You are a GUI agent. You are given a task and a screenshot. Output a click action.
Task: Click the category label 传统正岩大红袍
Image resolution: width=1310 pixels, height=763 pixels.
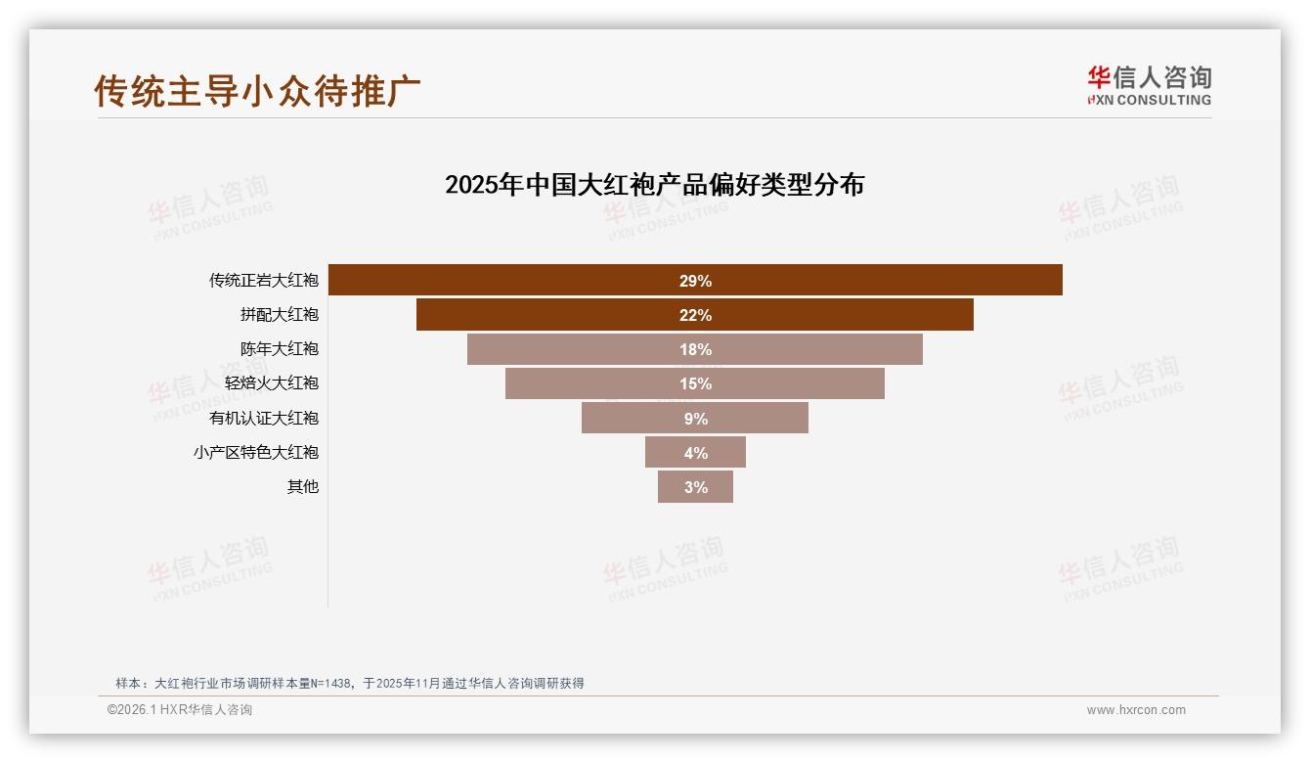coord(263,281)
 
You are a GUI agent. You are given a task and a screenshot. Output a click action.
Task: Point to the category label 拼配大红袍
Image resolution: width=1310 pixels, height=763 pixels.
coord(279,315)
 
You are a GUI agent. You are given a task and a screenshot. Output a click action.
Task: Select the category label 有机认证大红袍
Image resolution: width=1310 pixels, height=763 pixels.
coord(263,418)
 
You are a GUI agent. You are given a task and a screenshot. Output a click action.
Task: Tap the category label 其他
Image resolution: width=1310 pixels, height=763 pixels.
coord(302,487)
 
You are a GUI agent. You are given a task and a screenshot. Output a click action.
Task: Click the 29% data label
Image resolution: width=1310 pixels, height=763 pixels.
coord(695,281)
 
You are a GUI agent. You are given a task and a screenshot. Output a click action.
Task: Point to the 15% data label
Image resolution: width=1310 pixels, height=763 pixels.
coord(695,383)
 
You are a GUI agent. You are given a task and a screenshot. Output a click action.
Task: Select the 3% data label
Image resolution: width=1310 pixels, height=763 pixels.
coord(695,487)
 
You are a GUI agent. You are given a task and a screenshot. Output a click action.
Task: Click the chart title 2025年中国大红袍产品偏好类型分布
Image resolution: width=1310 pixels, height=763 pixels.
coord(654,185)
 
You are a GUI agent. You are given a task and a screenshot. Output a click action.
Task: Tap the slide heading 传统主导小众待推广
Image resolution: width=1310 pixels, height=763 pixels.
coord(257,90)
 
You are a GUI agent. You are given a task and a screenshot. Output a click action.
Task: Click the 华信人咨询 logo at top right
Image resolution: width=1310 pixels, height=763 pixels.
coord(1149,85)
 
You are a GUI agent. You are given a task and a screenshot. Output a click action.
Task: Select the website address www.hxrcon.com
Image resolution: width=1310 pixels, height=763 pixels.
coord(1136,710)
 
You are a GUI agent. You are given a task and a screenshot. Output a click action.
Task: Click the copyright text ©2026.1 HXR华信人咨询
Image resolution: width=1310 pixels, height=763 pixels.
coord(180,710)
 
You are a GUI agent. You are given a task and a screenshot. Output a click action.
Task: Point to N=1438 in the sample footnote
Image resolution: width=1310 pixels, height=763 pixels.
coord(330,684)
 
